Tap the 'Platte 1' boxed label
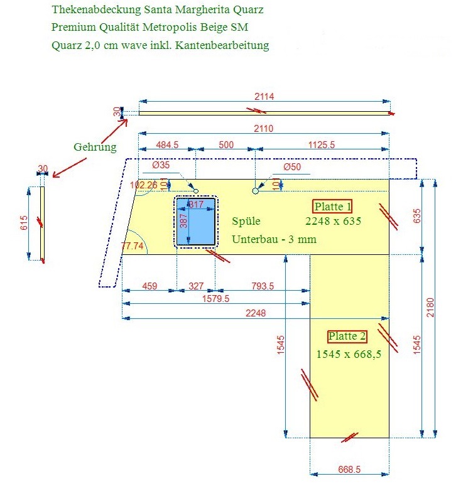(x=333, y=207)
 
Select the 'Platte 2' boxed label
(x=347, y=337)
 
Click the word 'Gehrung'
(x=95, y=148)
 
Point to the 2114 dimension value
(x=264, y=96)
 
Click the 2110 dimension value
(x=264, y=128)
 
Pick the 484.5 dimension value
(x=166, y=144)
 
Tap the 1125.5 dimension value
(x=322, y=144)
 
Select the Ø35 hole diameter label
(x=161, y=166)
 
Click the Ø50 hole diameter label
(x=292, y=167)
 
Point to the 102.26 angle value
(x=143, y=185)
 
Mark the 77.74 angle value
(x=133, y=246)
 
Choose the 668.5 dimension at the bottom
(x=349, y=469)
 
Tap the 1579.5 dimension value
(x=217, y=298)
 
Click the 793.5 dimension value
(x=263, y=286)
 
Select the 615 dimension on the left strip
(x=24, y=223)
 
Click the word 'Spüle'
(x=246, y=222)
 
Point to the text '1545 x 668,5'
(x=349, y=353)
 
